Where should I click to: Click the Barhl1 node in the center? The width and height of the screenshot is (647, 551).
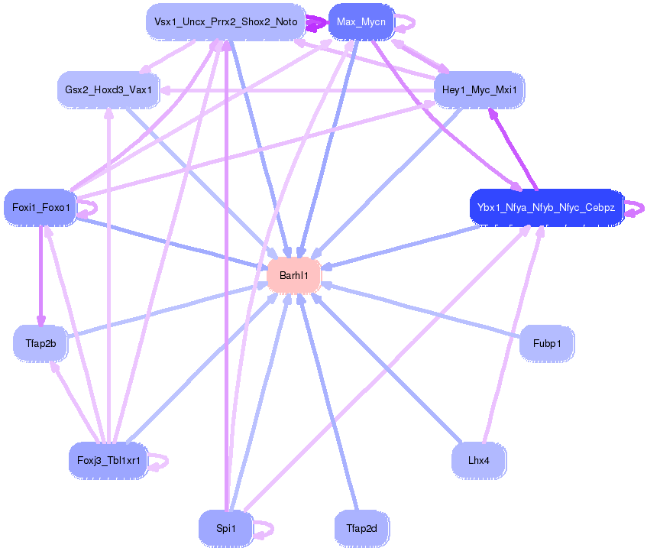click(x=294, y=275)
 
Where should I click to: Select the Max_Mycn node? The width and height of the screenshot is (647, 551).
click(x=361, y=22)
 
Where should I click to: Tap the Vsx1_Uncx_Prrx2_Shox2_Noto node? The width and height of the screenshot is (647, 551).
click(x=225, y=22)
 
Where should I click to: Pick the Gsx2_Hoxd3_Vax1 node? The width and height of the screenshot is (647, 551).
click(x=108, y=90)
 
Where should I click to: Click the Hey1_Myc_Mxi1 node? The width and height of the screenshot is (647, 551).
click(x=479, y=90)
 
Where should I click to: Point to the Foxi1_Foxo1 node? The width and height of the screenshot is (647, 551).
click(x=40, y=208)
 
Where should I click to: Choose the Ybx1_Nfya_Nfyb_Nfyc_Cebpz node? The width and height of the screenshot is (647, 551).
click(x=547, y=208)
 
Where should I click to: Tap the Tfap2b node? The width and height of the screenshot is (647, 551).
click(x=40, y=343)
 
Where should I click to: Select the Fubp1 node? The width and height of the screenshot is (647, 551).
click(x=547, y=343)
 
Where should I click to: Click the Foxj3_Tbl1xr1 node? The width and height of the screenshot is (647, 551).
click(x=108, y=461)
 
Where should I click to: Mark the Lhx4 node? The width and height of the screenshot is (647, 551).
click(x=479, y=461)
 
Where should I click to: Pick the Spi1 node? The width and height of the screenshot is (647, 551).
click(x=225, y=529)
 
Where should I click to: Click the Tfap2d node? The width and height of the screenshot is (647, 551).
click(x=361, y=529)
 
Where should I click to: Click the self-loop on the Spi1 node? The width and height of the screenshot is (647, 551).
click(x=264, y=530)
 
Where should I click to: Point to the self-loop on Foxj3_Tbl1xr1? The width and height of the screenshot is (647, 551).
click(x=159, y=462)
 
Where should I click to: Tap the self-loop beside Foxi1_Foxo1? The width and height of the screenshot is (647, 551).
click(x=88, y=209)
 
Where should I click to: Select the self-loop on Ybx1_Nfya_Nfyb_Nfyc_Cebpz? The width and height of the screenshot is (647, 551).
click(x=635, y=209)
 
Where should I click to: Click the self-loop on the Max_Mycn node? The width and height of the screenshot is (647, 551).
click(x=405, y=23)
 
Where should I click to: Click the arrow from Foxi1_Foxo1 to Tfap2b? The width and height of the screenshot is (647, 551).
click(x=40, y=276)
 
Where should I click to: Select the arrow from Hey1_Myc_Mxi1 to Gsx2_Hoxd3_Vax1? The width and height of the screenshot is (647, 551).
click(x=296, y=90)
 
